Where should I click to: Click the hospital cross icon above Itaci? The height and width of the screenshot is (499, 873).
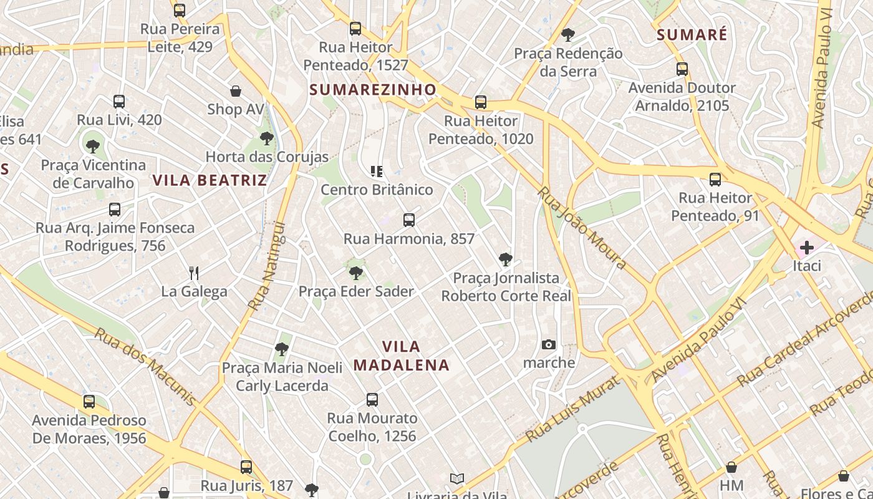click(x=806, y=248)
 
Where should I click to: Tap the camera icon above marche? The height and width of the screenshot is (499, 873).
click(x=549, y=344)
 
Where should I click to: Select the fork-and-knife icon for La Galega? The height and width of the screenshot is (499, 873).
click(x=194, y=273)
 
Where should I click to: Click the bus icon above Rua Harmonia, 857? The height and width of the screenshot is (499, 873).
click(x=409, y=220)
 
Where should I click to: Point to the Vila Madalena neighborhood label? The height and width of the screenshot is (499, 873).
click(x=402, y=356)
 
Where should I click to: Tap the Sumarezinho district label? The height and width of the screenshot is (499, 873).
click(x=373, y=90)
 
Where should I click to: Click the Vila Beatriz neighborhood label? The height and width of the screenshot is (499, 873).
click(x=210, y=181)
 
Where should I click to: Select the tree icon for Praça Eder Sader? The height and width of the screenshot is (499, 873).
click(x=355, y=273)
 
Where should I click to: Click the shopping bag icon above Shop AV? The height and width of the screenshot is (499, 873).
click(x=236, y=91)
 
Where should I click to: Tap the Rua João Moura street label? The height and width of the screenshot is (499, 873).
click(x=582, y=228)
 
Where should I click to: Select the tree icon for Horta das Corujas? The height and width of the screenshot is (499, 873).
click(x=267, y=138)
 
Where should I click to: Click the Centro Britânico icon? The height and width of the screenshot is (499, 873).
click(x=377, y=171)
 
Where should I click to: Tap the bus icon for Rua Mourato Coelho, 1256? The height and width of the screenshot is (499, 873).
click(x=372, y=399)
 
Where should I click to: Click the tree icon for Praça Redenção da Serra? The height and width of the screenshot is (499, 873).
click(x=567, y=34)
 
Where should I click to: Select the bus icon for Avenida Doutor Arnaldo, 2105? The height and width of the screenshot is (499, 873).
click(x=682, y=69)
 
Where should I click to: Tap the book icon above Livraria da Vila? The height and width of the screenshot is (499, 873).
click(x=457, y=478)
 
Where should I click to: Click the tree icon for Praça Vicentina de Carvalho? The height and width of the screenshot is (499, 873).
click(x=93, y=147)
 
